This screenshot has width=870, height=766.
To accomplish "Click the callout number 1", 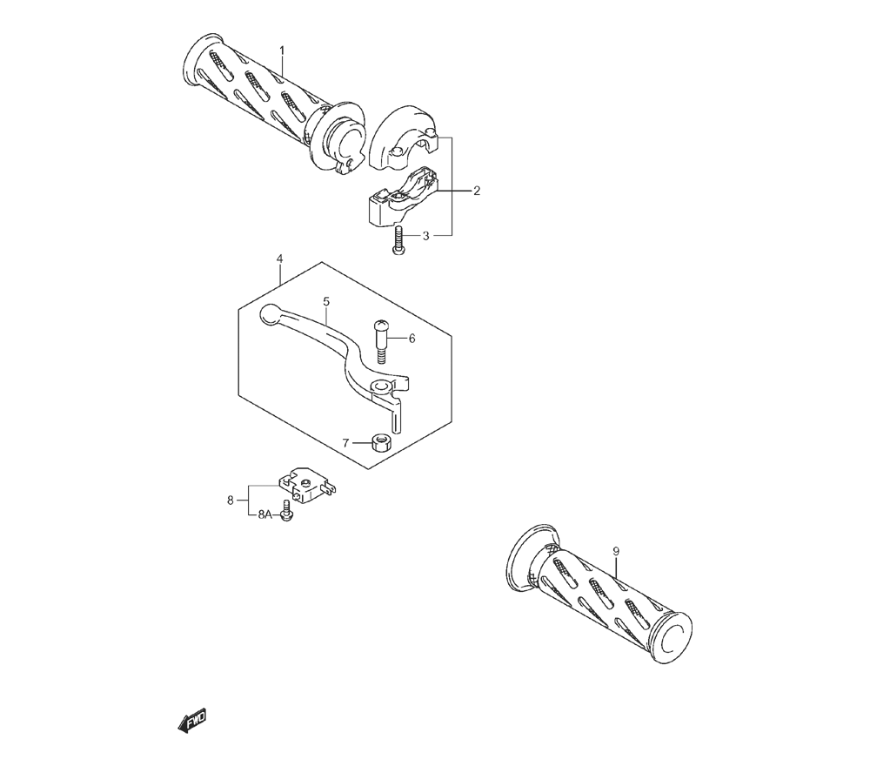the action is [x=282, y=50].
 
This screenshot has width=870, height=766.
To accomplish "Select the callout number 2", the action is [x=477, y=191].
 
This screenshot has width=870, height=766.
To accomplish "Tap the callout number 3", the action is [x=425, y=236].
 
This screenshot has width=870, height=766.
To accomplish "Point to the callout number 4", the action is [x=279, y=259].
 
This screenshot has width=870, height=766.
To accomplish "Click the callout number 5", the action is [x=326, y=301].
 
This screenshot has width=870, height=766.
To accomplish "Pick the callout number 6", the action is [x=412, y=338].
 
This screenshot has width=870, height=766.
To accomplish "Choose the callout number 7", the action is [x=345, y=443].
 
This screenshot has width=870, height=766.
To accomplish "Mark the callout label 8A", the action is [x=264, y=515].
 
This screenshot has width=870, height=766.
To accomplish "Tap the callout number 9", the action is [x=616, y=551].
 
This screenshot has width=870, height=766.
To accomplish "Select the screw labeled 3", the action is [x=398, y=241].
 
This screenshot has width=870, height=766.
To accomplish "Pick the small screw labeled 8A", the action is [x=287, y=510].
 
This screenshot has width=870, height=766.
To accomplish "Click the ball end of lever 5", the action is [x=270, y=314].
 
